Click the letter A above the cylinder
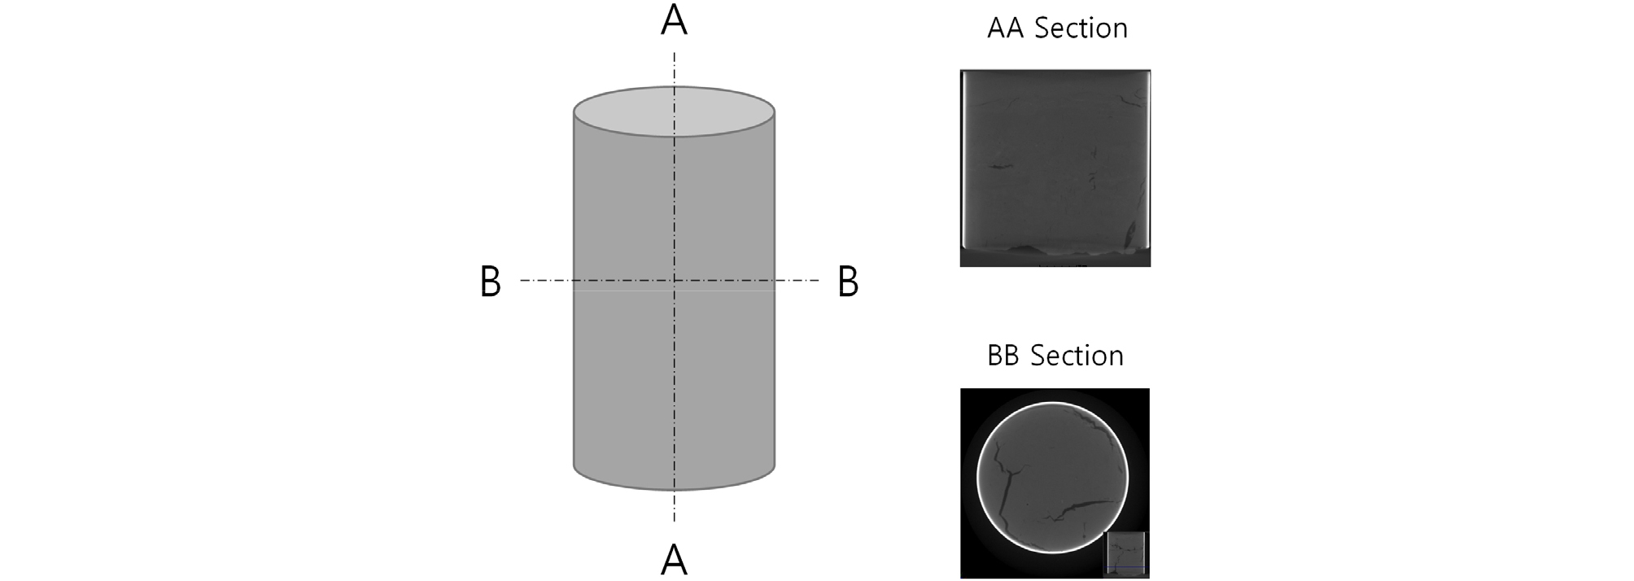tap(674, 21)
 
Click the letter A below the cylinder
tap(674, 560)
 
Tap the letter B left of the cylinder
tap(490, 282)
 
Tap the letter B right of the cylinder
tap(848, 282)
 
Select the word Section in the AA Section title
tap(1081, 28)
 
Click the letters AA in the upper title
tap(1007, 28)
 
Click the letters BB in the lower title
tap(1004, 356)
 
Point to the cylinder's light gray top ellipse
tap(674, 111)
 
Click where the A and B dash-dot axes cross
tap(674, 281)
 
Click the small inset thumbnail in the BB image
tap(1125, 553)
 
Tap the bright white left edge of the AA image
tap(963, 159)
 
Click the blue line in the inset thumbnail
tap(1125, 567)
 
